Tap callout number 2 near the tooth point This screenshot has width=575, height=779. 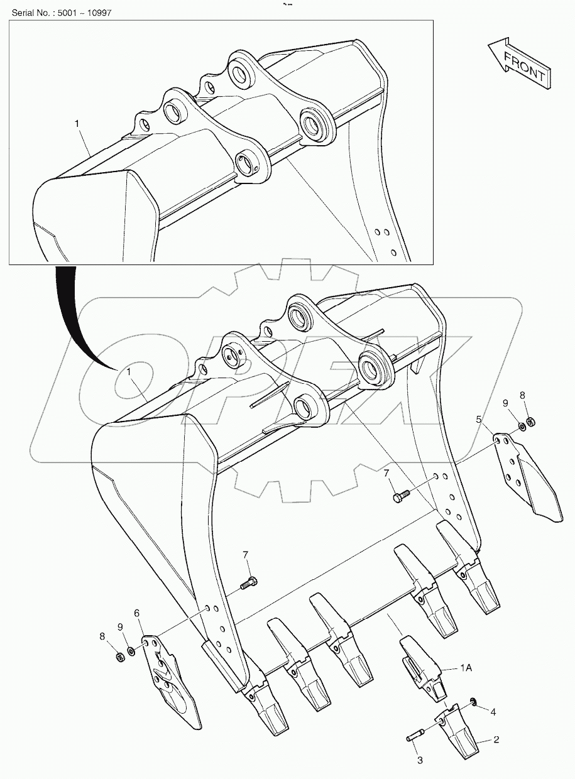click(x=496, y=740)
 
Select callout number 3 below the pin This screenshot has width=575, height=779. click(x=420, y=760)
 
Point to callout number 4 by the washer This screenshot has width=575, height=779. click(x=493, y=712)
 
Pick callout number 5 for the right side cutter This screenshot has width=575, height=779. click(x=478, y=418)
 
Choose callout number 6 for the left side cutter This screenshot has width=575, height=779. click(x=136, y=612)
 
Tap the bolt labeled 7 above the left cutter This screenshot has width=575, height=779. click(x=249, y=582)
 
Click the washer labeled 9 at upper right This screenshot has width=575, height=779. click(x=522, y=428)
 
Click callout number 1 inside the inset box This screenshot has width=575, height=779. click(x=77, y=124)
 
